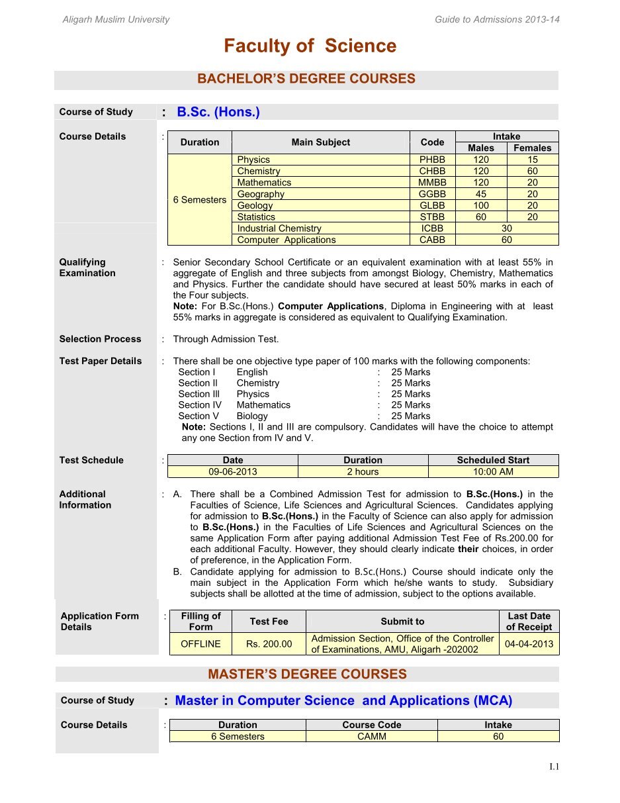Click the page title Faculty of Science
[310, 46]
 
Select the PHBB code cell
[432, 160]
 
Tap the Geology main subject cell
[255, 205]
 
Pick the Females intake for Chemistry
[533, 171]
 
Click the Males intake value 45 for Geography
[481, 194]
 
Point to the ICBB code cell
[432, 228]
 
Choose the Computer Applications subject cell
[286, 240]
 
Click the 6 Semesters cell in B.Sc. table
[199, 200]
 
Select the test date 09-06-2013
[232, 472]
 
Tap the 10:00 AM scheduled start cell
[493, 472]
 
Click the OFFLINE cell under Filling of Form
[200, 643]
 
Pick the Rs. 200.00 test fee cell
[269, 643]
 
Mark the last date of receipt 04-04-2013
[529, 643]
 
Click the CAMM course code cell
[371, 736]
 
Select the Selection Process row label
[100, 339]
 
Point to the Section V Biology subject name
[252, 416]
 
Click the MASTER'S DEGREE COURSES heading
[307, 674]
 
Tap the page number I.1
[554, 767]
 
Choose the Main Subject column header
[320, 142]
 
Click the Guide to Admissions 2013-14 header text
[497, 19]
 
